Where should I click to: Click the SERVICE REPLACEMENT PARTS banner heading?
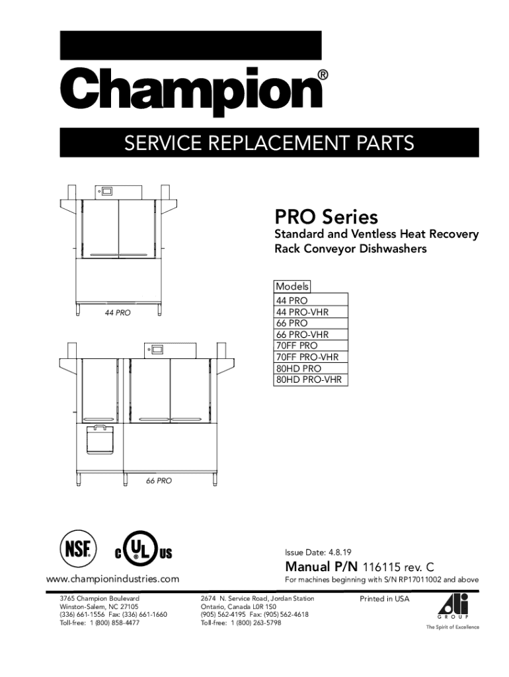(270, 143)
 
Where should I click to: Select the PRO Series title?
(326, 217)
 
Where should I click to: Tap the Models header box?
(292, 286)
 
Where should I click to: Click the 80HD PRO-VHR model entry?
(310, 379)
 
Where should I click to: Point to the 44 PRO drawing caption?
(118, 313)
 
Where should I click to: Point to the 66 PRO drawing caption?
(159, 481)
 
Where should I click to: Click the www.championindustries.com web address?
(112, 579)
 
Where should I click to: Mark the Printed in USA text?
(384, 599)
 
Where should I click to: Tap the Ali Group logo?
(453, 608)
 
